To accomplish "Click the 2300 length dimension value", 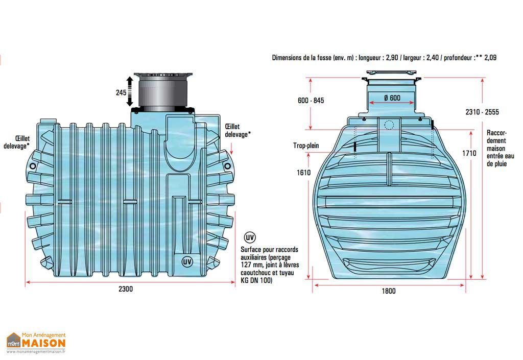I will [126, 289].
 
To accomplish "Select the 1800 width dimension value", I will [388, 291].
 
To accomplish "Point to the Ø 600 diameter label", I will [391, 97].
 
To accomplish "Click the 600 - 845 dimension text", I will [311, 101].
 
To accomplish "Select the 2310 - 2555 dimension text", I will [482, 112].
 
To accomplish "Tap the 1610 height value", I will [304, 173].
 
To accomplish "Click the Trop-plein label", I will [306, 146].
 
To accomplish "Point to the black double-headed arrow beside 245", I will [130, 91].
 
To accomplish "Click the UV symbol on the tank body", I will [187, 261].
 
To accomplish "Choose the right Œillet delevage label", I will [237, 130].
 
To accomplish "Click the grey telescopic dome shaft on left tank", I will [162, 93].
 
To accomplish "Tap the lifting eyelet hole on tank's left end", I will [33, 166].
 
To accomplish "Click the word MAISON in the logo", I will [43, 343].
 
